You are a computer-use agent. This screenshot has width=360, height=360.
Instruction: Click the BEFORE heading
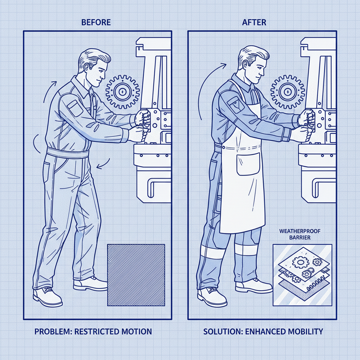click(x=96, y=22)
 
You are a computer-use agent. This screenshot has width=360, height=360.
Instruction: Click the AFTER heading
click(x=254, y=22)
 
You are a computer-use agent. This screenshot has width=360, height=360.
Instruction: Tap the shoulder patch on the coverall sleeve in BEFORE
click(x=75, y=108)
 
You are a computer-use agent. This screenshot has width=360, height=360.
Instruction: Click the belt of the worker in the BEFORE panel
click(x=68, y=153)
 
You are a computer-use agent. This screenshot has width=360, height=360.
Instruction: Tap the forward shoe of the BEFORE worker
click(x=90, y=284)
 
